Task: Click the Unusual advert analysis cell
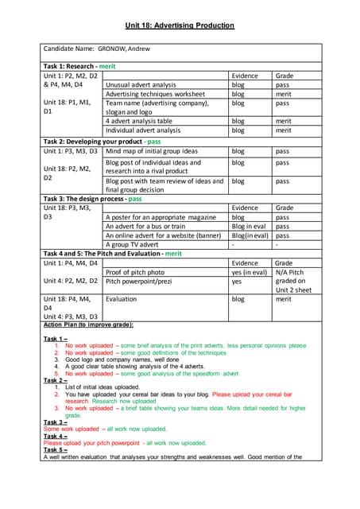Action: coord(141,84)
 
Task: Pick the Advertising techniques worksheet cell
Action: coord(155,94)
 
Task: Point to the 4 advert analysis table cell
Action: coord(143,121)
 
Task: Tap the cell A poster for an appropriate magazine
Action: coord(161,216)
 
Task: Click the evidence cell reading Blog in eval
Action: coord(249,226)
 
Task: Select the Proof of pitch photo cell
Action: coord(140,272)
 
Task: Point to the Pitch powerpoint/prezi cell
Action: coord(145,281)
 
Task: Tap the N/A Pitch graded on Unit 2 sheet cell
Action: coord(294,281)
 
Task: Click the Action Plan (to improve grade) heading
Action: coord(88,324)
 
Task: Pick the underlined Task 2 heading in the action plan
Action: coord(55,380)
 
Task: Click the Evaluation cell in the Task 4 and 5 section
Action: coord(121,299)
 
